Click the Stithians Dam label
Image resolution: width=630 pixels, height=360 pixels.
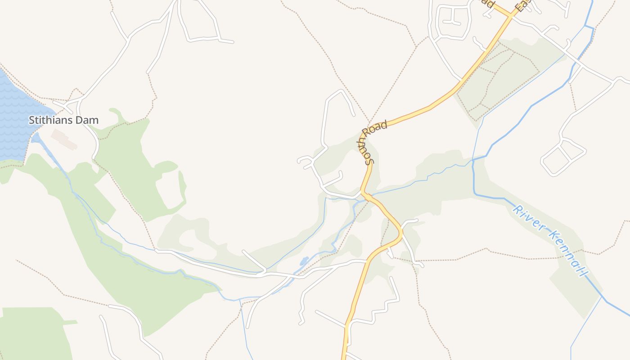tap(63, 120)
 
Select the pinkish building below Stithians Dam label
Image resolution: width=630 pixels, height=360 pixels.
tap(64, 139)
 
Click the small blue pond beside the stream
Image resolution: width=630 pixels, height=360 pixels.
tap(305, 261)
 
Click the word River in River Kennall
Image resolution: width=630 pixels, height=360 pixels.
tap(527, 219)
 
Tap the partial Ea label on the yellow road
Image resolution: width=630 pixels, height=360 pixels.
tap(522, 6)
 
